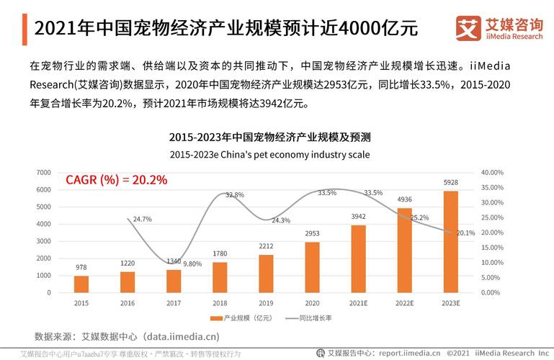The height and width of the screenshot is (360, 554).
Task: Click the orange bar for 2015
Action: click(81, 284)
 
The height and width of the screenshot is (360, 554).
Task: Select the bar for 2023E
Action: click(450, 241)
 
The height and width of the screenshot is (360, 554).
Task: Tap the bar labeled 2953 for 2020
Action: click(312, 267)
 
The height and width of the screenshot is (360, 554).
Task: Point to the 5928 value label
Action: click(450, 182)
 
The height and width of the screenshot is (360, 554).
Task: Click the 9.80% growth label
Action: click(192, 264)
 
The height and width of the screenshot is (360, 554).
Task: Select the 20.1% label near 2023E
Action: click(466, 233)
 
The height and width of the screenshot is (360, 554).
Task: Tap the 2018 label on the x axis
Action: click(220, 303)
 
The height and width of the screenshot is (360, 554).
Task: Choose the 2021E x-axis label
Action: click(358, 303)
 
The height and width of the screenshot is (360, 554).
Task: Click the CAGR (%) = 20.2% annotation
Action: click(116, 180)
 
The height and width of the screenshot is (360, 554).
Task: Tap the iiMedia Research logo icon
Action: click(468, 28)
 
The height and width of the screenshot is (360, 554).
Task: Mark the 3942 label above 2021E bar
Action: click(358, 216)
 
